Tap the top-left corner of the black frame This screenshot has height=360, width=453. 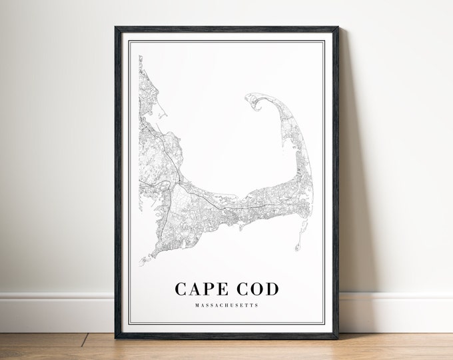[117, 28]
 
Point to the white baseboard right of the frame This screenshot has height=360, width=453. [400, 303]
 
